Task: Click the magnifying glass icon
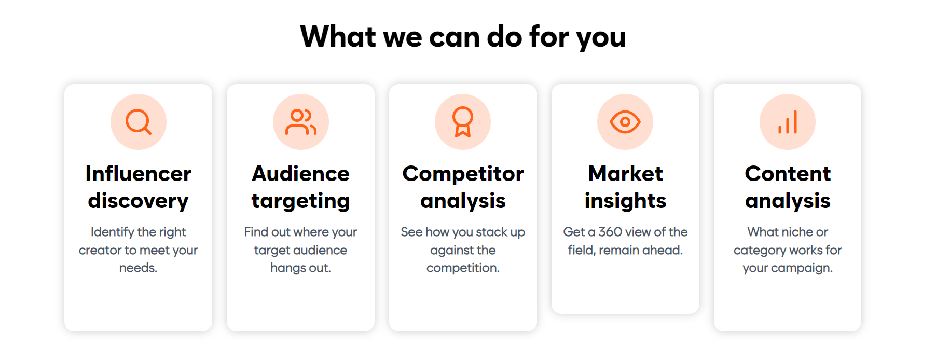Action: tap(139, 122)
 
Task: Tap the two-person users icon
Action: tap(301, 122)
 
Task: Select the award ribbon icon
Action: tap(463, 122)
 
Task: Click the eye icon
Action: tap(625, 122)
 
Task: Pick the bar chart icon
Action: tap(788, 122)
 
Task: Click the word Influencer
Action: tap(139, 174)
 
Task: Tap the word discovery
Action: tap(139, 201)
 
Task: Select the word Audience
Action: tap(301, 174)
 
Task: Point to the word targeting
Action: tap(301, 201)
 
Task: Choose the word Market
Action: tap(625, 174)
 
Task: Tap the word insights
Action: tap(625, 201)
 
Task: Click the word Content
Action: tap(788, 174)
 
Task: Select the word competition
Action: tap(463, 268)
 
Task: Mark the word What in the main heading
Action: tap(338, 37)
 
